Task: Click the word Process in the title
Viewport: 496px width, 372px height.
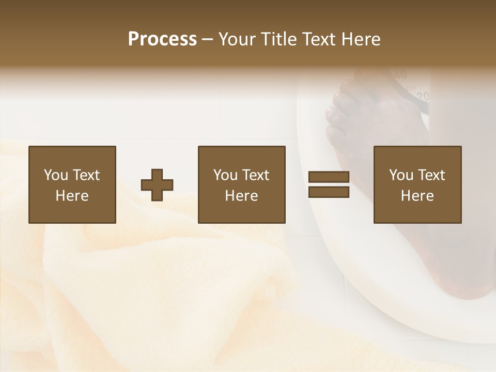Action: [162, 39]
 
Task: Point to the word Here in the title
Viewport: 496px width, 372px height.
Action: [361, 39]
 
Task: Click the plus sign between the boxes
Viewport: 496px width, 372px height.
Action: [157, 185]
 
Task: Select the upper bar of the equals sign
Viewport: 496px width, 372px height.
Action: [329, 177]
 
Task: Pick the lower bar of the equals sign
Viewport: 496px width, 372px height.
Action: [329, 192]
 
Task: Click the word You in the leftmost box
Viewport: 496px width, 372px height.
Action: [56, 175]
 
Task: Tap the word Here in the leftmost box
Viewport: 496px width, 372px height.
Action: [72, 196]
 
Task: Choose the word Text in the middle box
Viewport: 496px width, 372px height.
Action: [255, 175]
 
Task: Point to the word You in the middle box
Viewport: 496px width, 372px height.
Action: [225, 175]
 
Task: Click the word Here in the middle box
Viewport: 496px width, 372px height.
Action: [242, 196]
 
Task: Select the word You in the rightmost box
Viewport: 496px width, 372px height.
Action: [401, 175]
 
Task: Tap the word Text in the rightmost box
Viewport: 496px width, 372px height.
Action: [431, 175]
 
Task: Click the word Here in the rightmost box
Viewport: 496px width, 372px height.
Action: [417, 196]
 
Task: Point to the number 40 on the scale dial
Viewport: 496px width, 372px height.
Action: [399, 75]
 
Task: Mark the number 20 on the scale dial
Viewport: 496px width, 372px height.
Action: [423, 96]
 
